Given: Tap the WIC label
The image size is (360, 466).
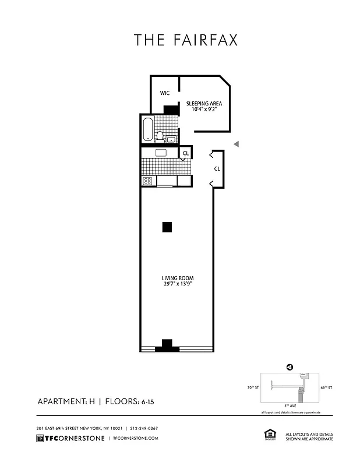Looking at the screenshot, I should pyautogui.click(x=165, y=93).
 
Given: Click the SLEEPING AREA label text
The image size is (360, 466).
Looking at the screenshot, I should pyautogui.click(x=204, y=104).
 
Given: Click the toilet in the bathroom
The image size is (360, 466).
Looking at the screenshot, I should pyautogui.click(x=160, y=136).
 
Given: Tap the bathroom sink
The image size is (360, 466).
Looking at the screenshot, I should pyautogui.click(x=171, y=139).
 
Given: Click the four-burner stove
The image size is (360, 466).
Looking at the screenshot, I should pyautogui.click(x=147, y=181).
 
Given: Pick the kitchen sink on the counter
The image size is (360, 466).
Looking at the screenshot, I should pyautogui.click(x=161, y=153).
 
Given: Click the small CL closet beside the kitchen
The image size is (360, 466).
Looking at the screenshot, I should pyautogui.click(x=185, y=153).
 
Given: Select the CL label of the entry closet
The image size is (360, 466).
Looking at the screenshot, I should pyautogui.click(x=217, y=168).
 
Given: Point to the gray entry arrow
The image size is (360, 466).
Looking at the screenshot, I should pyautogui.click(x=236, y=144).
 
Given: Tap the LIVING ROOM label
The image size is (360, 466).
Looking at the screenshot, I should pyautogui.click(x=177, y=279).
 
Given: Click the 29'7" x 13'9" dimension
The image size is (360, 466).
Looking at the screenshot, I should pyautogui.click(x=177, y=285).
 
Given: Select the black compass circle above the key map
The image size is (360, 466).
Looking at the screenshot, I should pyautogui.click(x=289, y=367).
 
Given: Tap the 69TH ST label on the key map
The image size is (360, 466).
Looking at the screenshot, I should pyautogui.click(x=327, y=387).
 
